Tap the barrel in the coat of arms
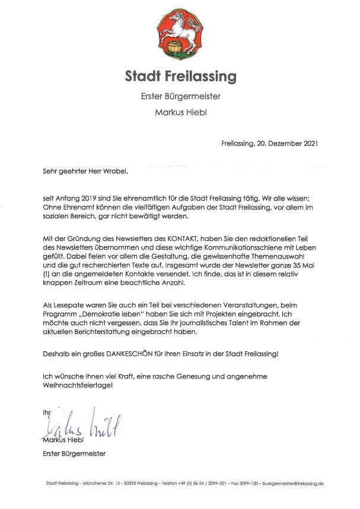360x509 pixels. pos(174,46)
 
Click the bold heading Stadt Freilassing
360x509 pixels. pos(180,77)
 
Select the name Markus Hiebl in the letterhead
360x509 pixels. pos(180,112)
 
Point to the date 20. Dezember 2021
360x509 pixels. pos(285,144)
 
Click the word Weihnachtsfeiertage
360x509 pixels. pos(76,385)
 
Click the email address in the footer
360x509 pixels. pos(293,483)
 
